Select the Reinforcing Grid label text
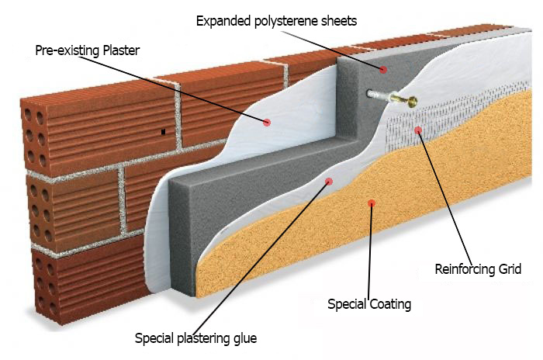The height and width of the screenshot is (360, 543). [477, 269]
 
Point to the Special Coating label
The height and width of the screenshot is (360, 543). [369, 303]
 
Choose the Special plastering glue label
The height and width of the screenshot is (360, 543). [195, 337]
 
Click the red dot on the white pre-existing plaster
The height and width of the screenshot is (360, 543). [267, 122]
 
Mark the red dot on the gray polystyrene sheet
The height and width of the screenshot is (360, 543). [382, 70]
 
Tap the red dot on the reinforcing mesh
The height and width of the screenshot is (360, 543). [418, 130]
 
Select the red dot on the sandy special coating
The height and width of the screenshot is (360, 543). [372, 203]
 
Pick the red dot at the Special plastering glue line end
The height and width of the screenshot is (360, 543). [329, 181]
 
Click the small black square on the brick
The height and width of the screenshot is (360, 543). [163, 133]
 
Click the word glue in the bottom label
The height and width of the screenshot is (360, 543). [244, 337]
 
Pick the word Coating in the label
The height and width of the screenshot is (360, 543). [389, 303]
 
